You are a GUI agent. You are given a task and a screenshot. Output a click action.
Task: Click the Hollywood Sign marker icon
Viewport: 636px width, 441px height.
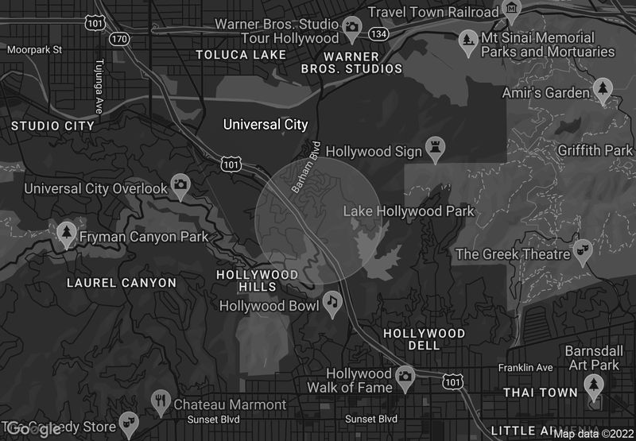pos(435,146)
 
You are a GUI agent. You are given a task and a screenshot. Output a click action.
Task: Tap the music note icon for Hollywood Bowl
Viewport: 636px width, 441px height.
pos(332,302)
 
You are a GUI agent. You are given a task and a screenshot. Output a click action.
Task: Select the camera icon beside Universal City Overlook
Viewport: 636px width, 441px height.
pos(181,185)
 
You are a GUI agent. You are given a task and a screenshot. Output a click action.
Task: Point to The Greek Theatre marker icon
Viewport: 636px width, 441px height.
pos(584,250)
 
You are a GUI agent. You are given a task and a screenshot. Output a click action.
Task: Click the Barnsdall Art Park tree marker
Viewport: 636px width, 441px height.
pos(593,385)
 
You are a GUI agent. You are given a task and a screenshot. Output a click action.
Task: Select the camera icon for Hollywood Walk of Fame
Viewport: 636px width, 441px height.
pos(405,375)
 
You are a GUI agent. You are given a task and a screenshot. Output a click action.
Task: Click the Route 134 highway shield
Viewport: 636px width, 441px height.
pos(378,33)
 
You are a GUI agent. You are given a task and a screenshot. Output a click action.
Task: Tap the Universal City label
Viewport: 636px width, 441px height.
pos(266,125)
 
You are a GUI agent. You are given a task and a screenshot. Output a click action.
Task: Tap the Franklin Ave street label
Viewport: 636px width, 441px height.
pos(525,368)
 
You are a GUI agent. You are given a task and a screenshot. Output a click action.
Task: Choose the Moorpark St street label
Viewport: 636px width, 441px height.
pos(34,49)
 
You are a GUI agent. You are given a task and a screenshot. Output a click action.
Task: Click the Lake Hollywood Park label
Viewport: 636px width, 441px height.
pos(408,211)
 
